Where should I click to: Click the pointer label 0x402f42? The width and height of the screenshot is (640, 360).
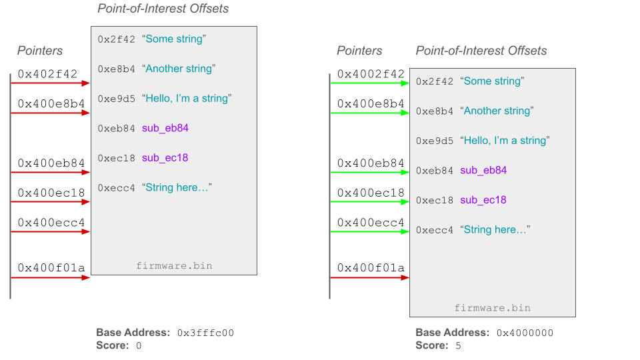47,74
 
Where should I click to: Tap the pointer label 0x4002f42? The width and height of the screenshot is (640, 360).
371,74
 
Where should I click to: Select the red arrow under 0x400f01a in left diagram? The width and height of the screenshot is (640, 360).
50,277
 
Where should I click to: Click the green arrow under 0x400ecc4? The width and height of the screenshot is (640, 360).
369,232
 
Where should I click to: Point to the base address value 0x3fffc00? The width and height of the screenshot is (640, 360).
205,333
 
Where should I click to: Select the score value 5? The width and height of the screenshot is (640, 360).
457,345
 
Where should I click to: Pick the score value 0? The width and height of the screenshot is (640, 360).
139,345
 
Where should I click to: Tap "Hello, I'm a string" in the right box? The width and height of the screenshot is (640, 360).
505,141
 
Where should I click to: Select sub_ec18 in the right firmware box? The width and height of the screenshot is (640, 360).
483,200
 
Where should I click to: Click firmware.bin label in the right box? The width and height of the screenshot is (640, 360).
492,308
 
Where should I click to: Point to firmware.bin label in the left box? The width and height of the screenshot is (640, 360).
174,266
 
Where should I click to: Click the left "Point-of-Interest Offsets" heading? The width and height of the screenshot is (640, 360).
163,9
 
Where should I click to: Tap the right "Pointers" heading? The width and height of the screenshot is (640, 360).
359,51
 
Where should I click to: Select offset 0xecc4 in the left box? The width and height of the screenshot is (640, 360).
116,188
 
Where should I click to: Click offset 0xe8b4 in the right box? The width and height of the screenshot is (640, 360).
434,111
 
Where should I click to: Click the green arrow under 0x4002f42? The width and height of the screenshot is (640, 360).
369,83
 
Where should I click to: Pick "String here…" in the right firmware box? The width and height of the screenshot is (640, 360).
495,229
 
